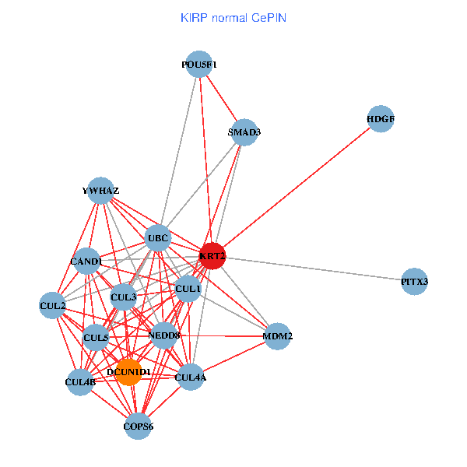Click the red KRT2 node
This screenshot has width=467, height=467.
click(212, 255)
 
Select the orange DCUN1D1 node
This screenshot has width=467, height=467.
click(128, 372)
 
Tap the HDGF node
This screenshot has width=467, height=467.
click(380, 119)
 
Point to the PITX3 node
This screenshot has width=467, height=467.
click(415, 281)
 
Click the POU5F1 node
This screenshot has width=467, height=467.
click(199, 65)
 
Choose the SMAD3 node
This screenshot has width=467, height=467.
click(244, 132)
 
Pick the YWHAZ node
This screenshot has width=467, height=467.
click(100, 191)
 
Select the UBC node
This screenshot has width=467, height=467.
click(158, 238)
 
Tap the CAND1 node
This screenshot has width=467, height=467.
click(86, 262)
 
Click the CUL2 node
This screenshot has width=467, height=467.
click(53, 305)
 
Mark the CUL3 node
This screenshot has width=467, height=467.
click(124, 297)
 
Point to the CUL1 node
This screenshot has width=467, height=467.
click(188, 289)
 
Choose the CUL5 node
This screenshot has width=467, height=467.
click(96, 338)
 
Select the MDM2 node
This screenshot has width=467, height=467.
click(278, 336)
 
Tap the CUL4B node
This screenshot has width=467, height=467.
click(80, 381)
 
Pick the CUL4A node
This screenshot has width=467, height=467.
click(191, 378)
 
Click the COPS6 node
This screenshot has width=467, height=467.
click(138, 426)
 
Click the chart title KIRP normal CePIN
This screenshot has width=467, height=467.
click(233, 16)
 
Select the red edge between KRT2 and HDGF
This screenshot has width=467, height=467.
click(296, 187)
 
